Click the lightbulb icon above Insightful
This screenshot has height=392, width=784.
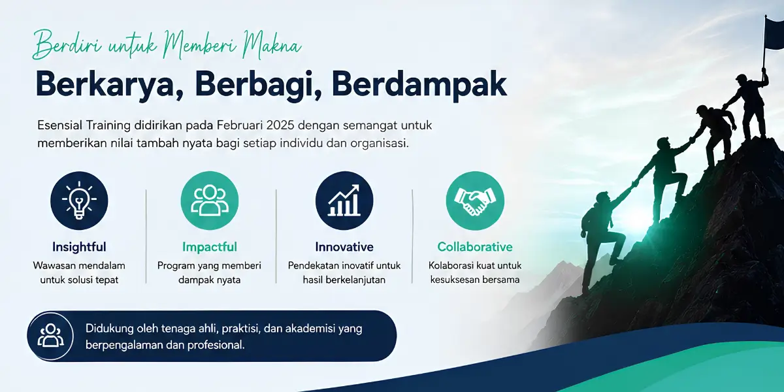[x=79, y=201]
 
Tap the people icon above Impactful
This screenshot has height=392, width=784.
[x=210, y=201]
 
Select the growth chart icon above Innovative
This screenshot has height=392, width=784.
[x=344, y=201]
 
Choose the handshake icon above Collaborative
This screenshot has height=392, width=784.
[x=475, y=201]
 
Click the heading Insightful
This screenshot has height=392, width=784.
[x=79, y=247]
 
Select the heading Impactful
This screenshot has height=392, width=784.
[x=210, y=247]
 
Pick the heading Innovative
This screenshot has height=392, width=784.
[x=344, y=247]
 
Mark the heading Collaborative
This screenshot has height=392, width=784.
[x=475, y=247]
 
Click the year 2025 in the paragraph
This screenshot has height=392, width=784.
[x=280, y=125]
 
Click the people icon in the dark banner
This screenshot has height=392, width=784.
[x=50, y=336]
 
